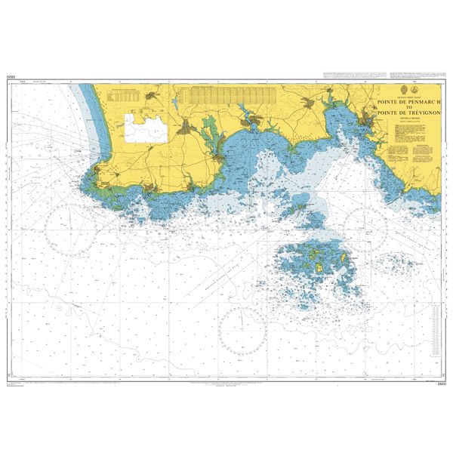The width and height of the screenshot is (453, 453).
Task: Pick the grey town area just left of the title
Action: [369, 119]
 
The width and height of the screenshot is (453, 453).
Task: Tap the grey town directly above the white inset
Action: [154, 95]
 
